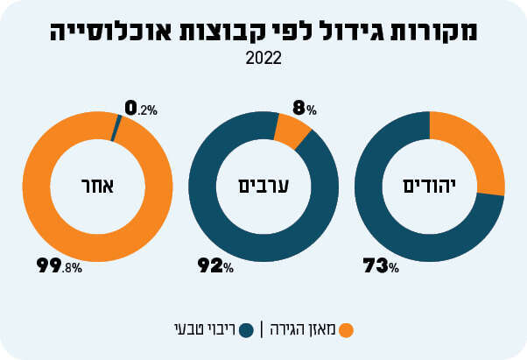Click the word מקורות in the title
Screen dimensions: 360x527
(443, 32)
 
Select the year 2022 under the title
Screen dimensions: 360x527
(263, 60)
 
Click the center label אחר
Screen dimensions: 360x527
(93, 187)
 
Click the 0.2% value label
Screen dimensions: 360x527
(141, 109)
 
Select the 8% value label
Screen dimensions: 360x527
(304, 109)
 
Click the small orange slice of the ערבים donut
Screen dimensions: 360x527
(291, 131)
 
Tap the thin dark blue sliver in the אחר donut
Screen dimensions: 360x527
(115, 128)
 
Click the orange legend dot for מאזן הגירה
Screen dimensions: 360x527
(346, 329)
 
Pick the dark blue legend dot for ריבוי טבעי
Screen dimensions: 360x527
(246, 329)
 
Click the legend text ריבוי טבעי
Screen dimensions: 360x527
(203, 329)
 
